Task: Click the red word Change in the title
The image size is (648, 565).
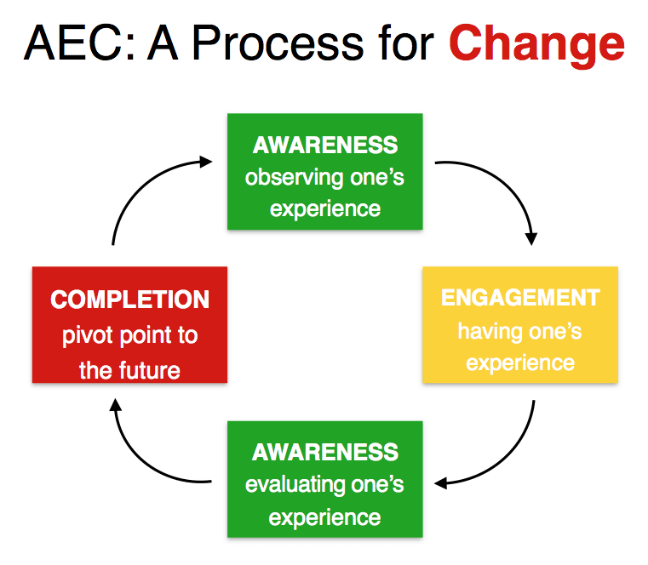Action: (x=536, y=43)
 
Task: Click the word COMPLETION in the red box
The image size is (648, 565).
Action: (x=129, y=300)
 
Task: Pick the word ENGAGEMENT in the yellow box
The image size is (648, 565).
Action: (x=520, y=298)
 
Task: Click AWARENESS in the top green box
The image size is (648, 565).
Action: (x=325, y=145)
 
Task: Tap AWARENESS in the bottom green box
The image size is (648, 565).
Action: (x=325, y=452)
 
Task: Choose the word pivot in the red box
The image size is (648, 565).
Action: (x=84, y=335)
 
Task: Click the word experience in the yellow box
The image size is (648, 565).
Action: (x=520, y=363)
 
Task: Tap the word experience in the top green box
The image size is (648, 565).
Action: (x=325, y=209)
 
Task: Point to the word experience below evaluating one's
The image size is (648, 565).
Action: (x=325, y=516)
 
